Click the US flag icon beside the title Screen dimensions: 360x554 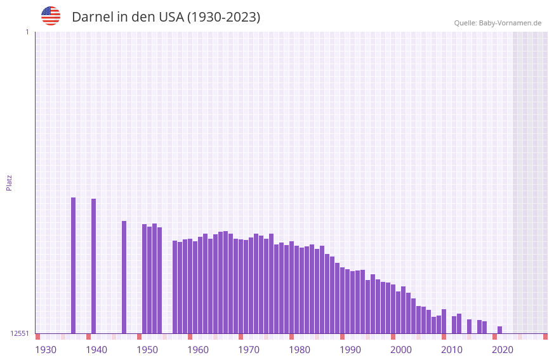point(51,16)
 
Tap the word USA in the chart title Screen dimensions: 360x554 point(171,17)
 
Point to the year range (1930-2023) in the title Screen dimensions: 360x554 point(223,17)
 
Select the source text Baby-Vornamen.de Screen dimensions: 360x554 point(510,23)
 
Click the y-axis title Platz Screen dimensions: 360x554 point(9,182)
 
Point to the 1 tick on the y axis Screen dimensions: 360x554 point(27,32)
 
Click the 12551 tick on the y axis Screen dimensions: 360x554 point(20,333)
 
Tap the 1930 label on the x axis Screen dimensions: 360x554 point(46,350)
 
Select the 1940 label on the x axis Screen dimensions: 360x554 point(96,350)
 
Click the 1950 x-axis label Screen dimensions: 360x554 point(147,350)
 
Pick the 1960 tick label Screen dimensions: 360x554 point(198,350)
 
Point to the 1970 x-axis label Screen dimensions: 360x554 point(249,350)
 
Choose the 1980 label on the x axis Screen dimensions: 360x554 point(300,350)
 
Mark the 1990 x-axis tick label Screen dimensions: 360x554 point(350,350)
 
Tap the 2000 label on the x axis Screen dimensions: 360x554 point(401,350)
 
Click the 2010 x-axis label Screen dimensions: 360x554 point(452,350)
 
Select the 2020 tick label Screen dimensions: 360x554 point(503,350)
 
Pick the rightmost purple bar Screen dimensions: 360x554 point(500,330)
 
